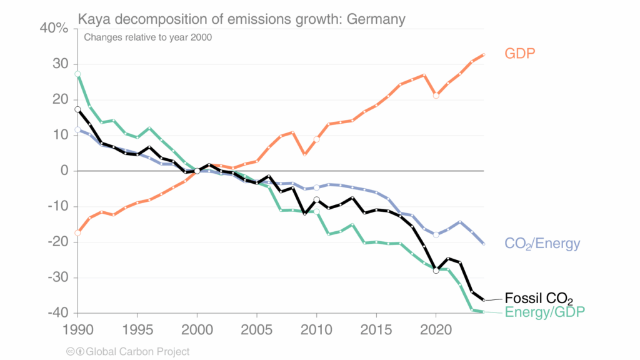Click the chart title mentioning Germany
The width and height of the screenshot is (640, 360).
241,19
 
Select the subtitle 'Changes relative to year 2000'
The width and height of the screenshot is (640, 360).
148,37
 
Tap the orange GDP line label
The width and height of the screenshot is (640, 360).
520,54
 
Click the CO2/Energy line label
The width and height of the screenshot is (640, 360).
542,244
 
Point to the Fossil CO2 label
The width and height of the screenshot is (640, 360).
539,297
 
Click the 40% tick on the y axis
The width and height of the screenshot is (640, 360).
54,28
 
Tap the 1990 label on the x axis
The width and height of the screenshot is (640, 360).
77,327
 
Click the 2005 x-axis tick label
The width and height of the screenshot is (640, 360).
257,327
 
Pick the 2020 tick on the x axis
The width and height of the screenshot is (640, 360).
436,327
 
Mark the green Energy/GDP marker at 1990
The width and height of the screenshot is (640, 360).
77,74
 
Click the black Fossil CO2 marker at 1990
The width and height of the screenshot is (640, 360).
77,109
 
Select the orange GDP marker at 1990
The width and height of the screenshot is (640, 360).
77,233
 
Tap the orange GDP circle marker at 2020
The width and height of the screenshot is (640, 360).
436,96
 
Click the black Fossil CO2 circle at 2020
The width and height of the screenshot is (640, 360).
436,271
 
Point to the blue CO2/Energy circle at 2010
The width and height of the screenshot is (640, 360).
317,187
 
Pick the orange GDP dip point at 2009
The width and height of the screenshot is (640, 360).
304,154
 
